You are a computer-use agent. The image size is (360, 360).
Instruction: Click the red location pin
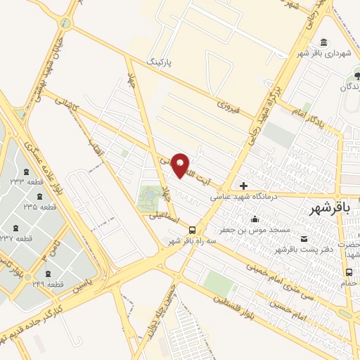click(x=181, y=165)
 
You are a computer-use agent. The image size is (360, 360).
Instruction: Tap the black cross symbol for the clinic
click(x=244, y=186)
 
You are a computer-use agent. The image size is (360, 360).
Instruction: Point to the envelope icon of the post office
click(x=304, y=239)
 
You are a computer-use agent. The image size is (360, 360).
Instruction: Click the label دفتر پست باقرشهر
click(x=302, y=250)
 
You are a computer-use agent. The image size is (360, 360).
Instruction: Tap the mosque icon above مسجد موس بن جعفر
click(x=254, y=219)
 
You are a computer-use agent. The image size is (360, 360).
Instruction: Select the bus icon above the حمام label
click(x=349, y=273)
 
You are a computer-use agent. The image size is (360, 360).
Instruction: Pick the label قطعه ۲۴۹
click(x=49, y=285)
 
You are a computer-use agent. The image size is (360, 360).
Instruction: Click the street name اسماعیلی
click(x=163, y=217)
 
